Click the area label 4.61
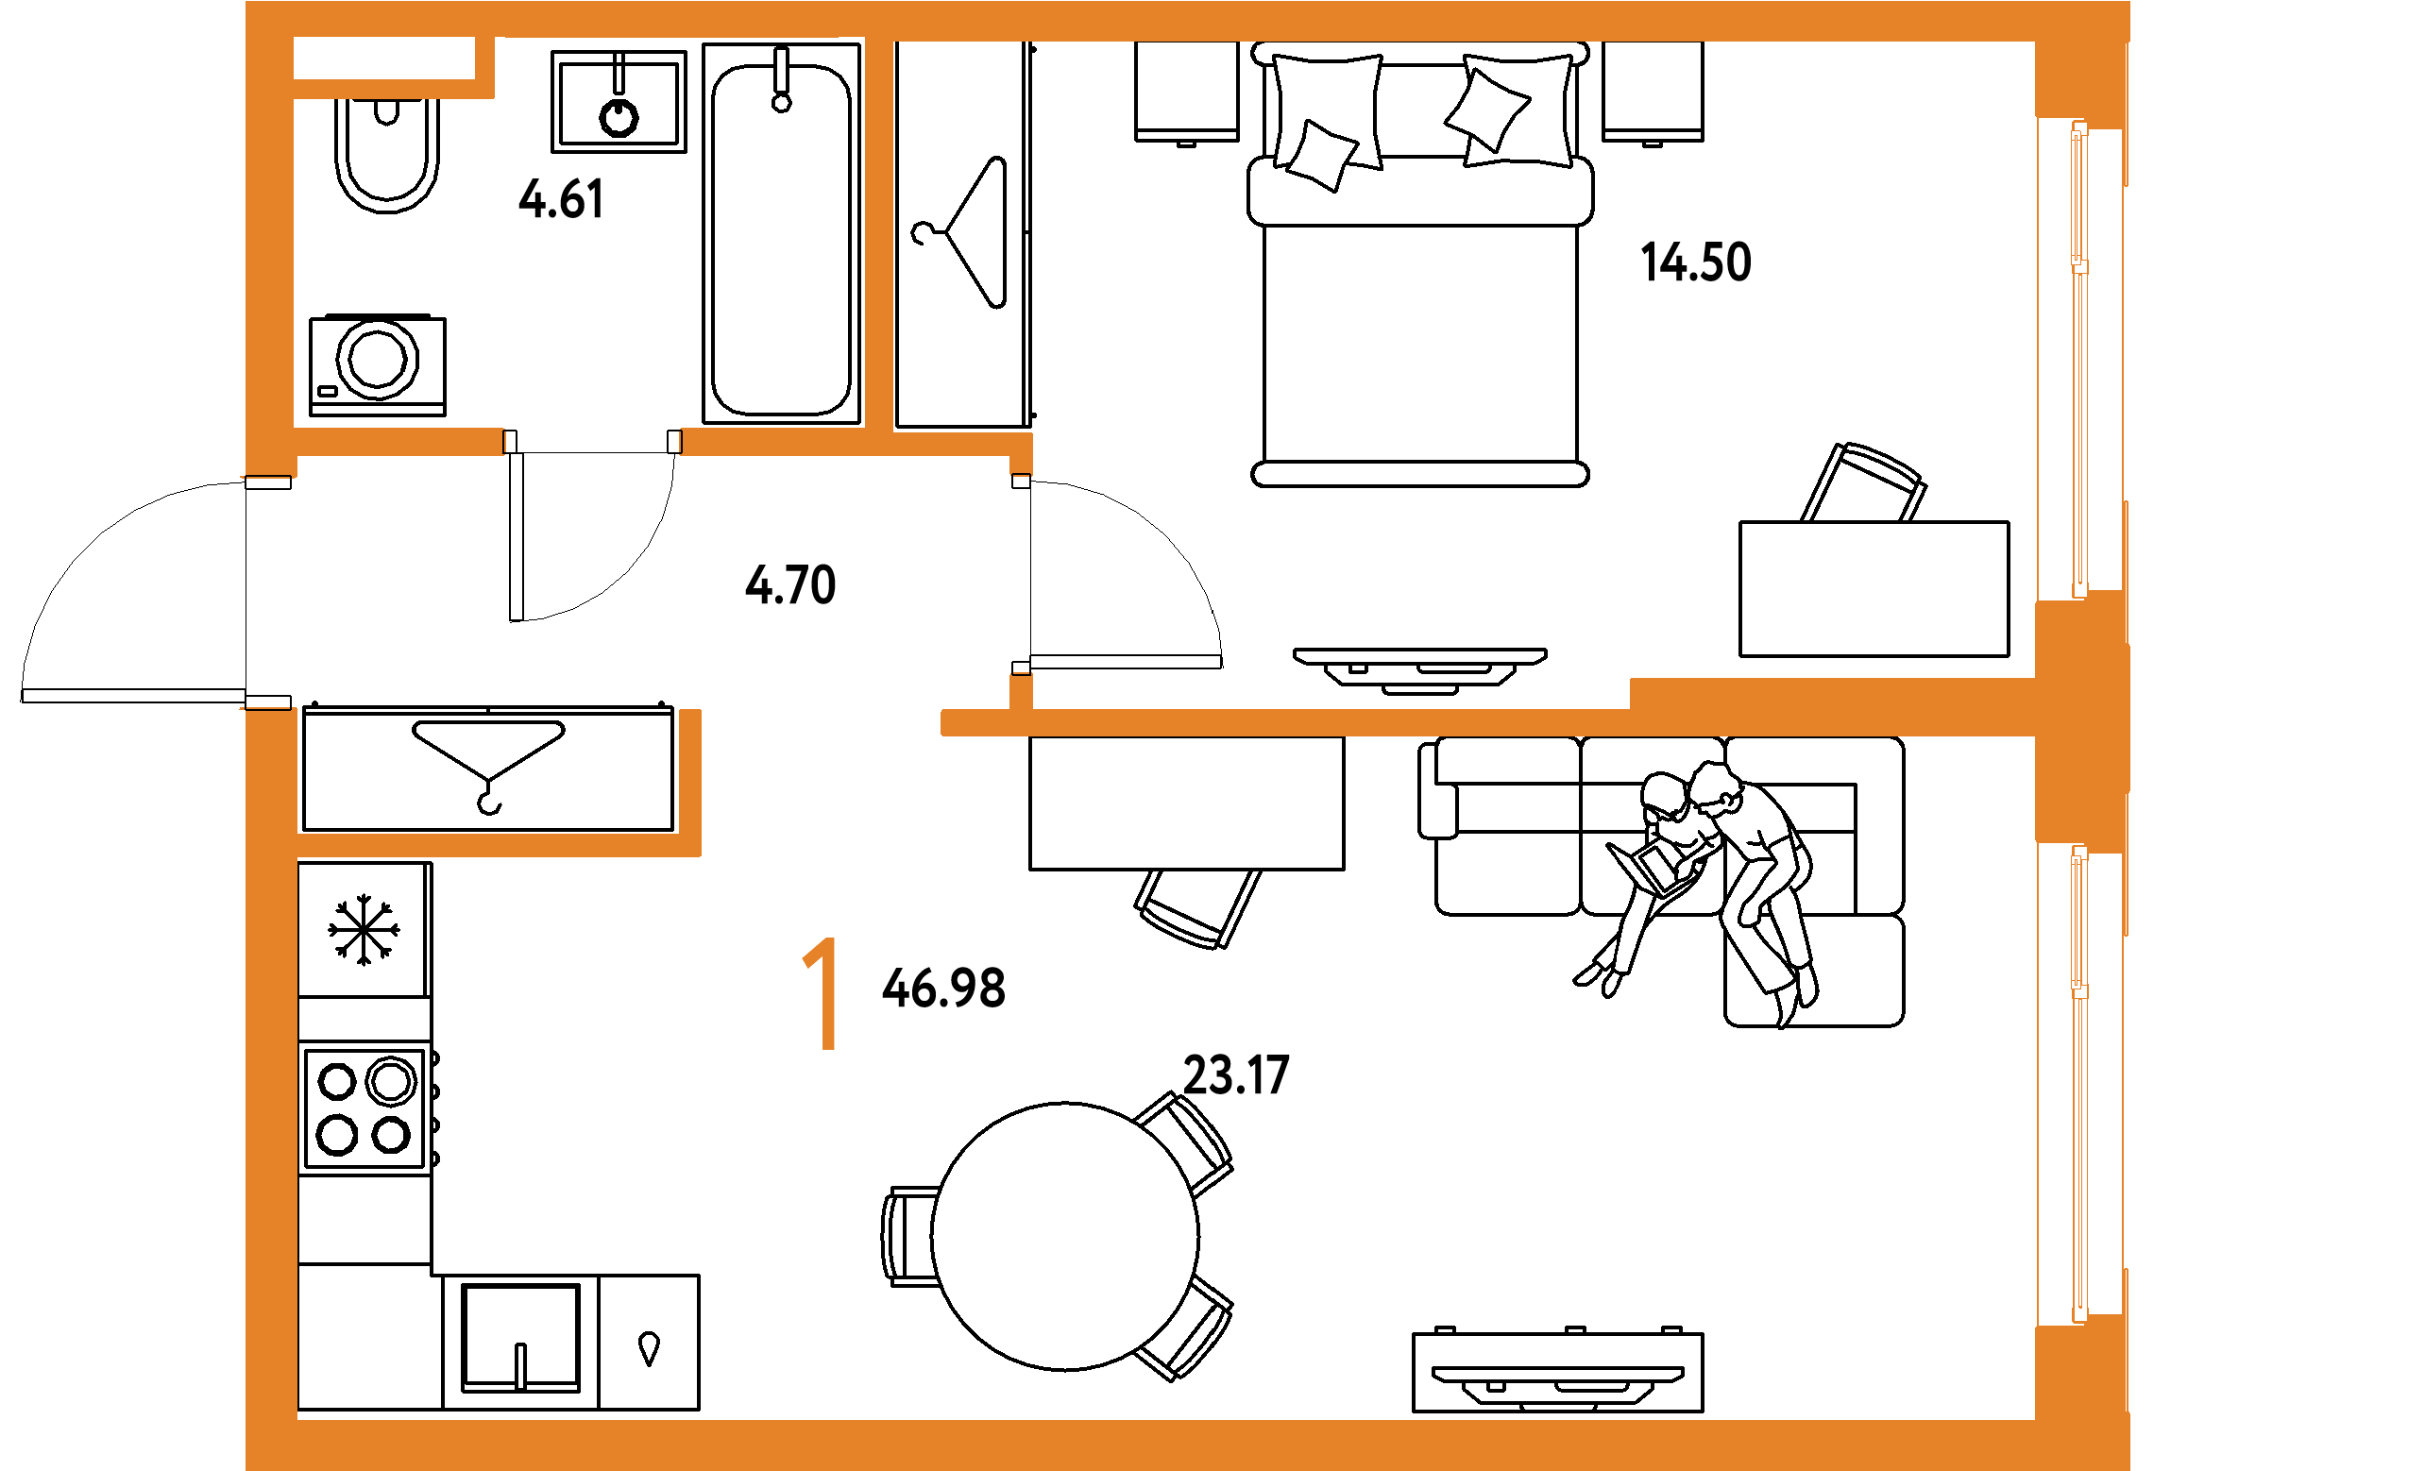561,199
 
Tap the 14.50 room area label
1696,262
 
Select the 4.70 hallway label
790,584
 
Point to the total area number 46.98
942,988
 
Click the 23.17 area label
1235,1074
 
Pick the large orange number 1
822,994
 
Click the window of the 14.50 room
2078,359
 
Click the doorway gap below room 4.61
591,443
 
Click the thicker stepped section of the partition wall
1831,693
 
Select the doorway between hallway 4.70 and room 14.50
1022,576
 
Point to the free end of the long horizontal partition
948,722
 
